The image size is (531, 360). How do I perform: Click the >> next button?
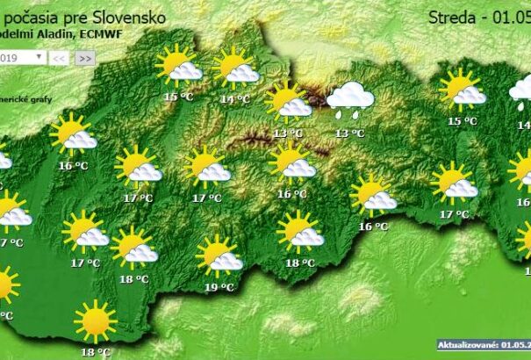[x=84, y=57]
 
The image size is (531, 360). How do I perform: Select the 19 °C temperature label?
[x=219, y=287]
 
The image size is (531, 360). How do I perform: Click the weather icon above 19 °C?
[x=219, y=256]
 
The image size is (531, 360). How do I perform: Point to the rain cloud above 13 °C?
[x=350, y=99]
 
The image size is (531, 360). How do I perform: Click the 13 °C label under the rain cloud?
[x=349, y=133]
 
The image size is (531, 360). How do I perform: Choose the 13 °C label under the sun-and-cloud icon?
[x=287, y=133]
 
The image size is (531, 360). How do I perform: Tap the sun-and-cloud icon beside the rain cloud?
[x=288, y=101]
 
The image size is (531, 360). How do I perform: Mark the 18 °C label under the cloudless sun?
[x=96, y=351]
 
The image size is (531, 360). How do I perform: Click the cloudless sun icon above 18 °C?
[x=95, y=320]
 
